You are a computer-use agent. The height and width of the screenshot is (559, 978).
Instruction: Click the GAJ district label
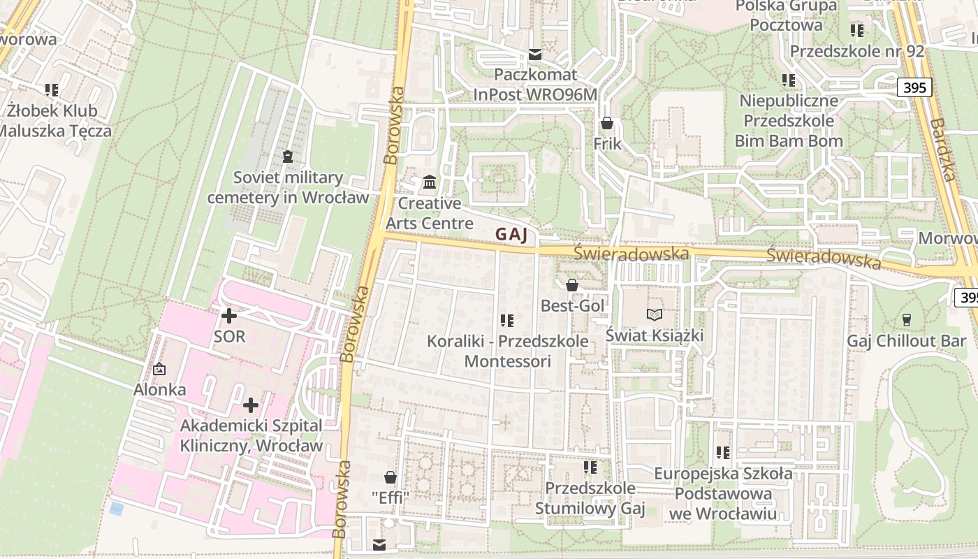click(511, 235)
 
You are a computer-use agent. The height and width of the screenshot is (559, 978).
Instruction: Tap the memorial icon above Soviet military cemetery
click(287, 156)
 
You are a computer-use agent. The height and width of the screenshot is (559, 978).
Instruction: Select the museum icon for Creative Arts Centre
click(430, 182)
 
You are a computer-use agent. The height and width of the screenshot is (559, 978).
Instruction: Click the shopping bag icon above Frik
click(606, 124)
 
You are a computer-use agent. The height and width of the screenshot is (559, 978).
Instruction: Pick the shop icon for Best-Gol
click(572, 285)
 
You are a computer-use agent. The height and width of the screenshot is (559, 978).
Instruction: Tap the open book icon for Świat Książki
click(653, 314)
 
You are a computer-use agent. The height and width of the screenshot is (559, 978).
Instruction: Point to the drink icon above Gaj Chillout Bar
click(906, 319)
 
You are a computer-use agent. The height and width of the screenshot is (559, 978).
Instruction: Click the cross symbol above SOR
click(229, 316)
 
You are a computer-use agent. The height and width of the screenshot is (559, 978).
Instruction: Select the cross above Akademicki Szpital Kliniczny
click(251, 405)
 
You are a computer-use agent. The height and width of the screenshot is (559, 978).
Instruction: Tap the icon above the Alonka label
click(159, 369)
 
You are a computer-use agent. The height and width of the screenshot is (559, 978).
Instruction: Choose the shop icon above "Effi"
click(391, 477)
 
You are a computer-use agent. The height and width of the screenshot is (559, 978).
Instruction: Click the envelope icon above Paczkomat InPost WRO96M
click(535, 55)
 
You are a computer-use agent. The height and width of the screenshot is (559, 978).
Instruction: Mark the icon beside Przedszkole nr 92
click(857, 31)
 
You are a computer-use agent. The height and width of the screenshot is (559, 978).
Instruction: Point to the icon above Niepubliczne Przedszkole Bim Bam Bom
click(789, 80)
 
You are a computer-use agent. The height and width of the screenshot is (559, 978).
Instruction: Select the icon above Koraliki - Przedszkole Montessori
click(507, 321)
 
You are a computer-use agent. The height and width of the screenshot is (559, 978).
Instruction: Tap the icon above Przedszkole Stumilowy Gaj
click(590, 467)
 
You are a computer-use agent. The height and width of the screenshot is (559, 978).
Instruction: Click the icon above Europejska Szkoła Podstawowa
click(723, 453)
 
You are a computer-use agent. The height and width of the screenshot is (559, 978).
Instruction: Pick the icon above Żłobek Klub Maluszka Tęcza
click(52, 89)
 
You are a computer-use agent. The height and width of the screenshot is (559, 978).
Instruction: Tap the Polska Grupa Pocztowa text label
click(786, 15)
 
